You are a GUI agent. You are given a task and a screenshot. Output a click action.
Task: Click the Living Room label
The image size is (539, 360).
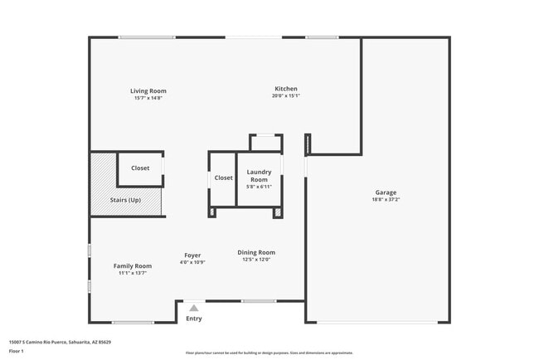[x=148, y=91]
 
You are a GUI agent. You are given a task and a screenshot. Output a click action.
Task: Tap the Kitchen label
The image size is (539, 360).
[x=286, y=89]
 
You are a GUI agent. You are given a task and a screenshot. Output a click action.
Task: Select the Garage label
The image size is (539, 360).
[x=386, y=192]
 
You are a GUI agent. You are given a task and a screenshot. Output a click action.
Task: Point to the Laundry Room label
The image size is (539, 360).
[x=259, y=176]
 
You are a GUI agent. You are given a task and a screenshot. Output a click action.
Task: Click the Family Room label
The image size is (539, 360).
[x=133, y=266]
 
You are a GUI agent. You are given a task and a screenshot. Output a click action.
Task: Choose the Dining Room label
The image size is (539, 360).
[x=256, y=252]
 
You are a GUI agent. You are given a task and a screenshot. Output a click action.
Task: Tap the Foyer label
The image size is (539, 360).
[x=192, y=255]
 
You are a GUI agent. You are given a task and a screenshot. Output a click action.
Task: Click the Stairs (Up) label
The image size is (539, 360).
[x=125, y=200]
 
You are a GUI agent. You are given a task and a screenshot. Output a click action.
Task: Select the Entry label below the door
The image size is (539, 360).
[x=193, y=319]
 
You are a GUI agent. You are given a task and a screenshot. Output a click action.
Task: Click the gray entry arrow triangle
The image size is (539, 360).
[x=193, y=308]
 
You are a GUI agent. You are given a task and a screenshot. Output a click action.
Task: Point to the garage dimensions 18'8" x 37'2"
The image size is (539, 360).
[x=386, y=199]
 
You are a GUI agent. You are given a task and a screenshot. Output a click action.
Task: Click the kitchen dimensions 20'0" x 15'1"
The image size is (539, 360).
[x=286, y=96]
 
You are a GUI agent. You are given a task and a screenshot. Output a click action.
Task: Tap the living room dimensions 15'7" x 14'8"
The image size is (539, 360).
[x=148, y=98]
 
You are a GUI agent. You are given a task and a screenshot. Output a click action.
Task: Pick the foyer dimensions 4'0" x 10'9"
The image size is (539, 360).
[x=192, y=262]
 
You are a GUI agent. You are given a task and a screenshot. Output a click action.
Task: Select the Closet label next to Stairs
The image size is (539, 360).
[x=140, y=168]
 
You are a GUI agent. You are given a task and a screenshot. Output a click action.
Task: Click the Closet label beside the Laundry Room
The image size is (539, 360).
[x=224, y=178]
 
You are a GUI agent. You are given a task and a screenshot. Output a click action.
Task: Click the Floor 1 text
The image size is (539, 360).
[x=16, y=351]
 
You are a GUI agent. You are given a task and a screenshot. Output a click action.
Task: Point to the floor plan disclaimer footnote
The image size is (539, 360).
[x=269, y=353]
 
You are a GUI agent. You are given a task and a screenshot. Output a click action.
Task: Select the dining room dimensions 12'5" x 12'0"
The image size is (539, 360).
[x=256, y=260]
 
